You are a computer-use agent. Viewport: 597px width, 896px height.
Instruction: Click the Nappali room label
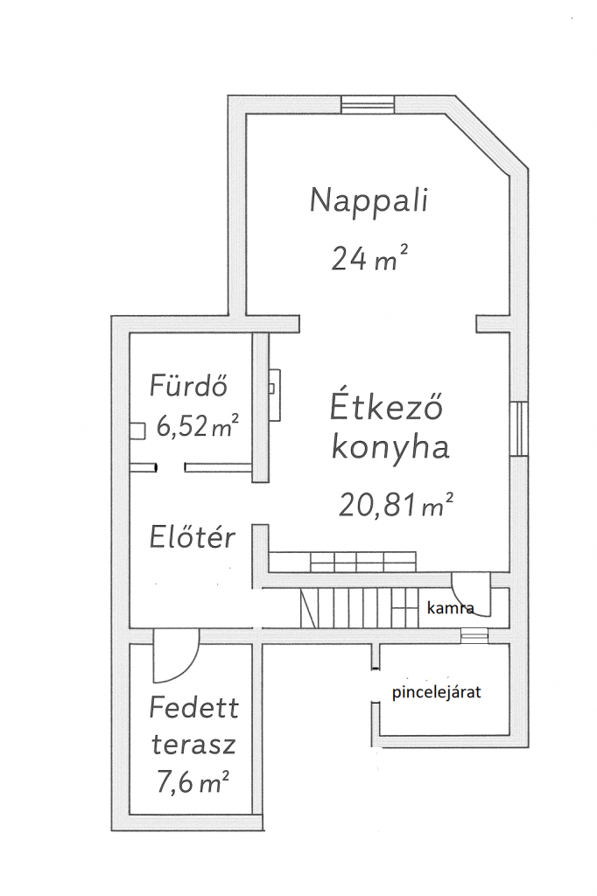369,201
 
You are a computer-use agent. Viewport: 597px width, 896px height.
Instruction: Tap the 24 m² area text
369,258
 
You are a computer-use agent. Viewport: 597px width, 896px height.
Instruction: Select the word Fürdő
189,385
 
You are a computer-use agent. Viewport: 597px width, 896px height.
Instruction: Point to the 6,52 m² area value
197,426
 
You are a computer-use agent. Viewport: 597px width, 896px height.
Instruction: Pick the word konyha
390,448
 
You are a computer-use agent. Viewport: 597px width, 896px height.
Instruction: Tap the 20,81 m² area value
397,505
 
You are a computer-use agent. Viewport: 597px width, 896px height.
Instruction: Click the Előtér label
192,536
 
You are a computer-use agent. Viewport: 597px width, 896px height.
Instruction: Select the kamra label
451,608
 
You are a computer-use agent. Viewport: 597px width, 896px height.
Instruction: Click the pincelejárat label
436,693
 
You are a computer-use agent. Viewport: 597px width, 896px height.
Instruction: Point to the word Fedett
193,709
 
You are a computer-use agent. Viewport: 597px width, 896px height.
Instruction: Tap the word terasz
193,745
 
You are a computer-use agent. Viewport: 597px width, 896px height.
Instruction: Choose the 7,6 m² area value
193,781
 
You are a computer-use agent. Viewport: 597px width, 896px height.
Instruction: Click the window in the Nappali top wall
368,105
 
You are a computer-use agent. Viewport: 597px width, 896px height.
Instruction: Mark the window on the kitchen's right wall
519,429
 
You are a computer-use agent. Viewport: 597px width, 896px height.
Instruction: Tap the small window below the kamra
474,635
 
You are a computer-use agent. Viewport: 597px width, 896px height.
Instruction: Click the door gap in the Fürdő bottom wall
171,467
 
